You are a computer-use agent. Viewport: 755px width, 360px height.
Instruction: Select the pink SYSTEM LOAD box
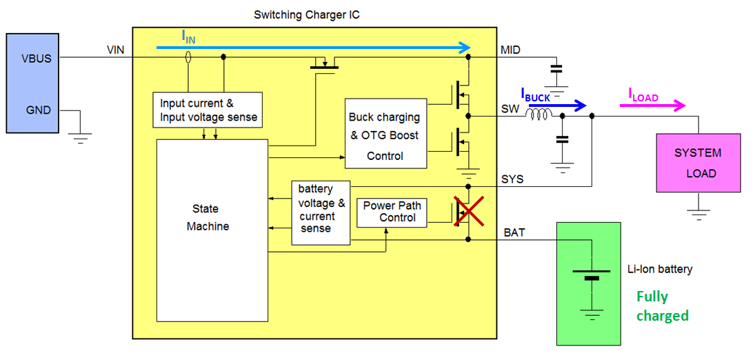698,163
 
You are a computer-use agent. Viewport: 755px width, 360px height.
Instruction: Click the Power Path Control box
392,212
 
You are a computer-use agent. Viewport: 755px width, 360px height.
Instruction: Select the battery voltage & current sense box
321,212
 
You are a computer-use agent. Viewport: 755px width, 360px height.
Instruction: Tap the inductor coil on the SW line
538,117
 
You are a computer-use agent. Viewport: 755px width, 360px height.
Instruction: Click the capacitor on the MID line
556,69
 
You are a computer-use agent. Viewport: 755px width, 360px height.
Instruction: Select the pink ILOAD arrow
652,106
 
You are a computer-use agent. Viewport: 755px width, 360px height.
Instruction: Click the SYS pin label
512,179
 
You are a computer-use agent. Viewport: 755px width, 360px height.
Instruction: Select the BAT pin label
514,233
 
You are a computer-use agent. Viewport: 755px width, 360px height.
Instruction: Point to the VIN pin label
115,50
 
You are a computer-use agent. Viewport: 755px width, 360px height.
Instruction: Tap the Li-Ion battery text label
660,269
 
